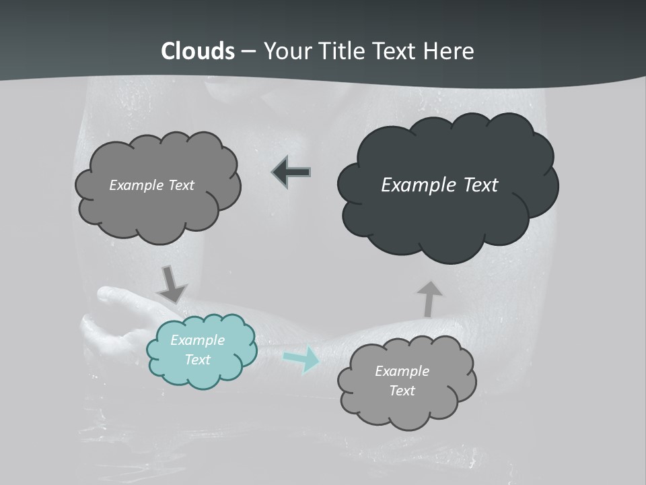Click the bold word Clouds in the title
click(198, 51)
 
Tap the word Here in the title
click(450, 51)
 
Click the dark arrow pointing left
click(291, 172)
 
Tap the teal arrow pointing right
click(302, 359)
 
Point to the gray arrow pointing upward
click(429, 298)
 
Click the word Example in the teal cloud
click(197, 340)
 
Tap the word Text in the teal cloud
click(197, 360)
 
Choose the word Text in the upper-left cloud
click(180, 185)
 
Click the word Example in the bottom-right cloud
click(402, 371)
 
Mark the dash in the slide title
click(248, 51)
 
